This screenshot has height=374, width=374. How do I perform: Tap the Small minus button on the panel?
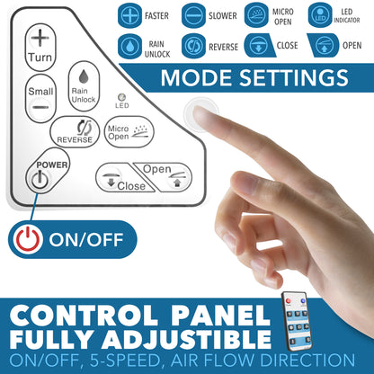click(x=40, y=98)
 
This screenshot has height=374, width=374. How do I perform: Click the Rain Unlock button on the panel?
click(x=84, y=86)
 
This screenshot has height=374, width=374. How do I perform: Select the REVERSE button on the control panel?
click(x=75, y=132)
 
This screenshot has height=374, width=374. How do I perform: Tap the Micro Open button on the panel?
click(x=129, y=132)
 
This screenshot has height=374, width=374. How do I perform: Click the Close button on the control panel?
click(x=124, y=178)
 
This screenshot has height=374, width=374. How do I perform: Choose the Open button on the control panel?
click(x=165, y=177)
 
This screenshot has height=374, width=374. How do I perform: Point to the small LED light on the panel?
click(x=122, y=97)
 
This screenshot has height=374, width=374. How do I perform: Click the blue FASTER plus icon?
click(x=129, y=15)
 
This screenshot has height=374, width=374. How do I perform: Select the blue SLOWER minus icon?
click(x=193, y=15)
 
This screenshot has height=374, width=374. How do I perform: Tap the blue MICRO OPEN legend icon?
click(x=256, y=15)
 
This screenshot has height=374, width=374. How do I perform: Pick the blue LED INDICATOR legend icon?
click(x=320, y=15)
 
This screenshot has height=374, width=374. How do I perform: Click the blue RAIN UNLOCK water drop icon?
click(x=129, y=46)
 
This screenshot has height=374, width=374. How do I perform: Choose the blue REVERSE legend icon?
click(x=193, y=46)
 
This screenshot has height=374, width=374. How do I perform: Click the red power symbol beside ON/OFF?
click(x=28, y=239)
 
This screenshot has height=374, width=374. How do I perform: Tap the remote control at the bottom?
click(x=297, y=321)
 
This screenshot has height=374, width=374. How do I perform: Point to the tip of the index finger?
click(x=196, y=111)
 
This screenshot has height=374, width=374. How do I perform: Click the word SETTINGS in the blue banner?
click(x=294, y=78)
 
